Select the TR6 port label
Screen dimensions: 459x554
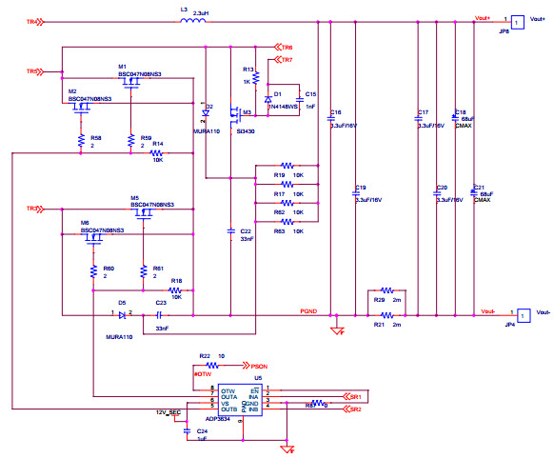pos(284,47)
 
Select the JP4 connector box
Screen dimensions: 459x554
pos(523,312)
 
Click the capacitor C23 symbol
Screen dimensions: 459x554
pos(160,313)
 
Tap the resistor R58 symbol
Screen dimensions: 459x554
pos(81,140)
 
